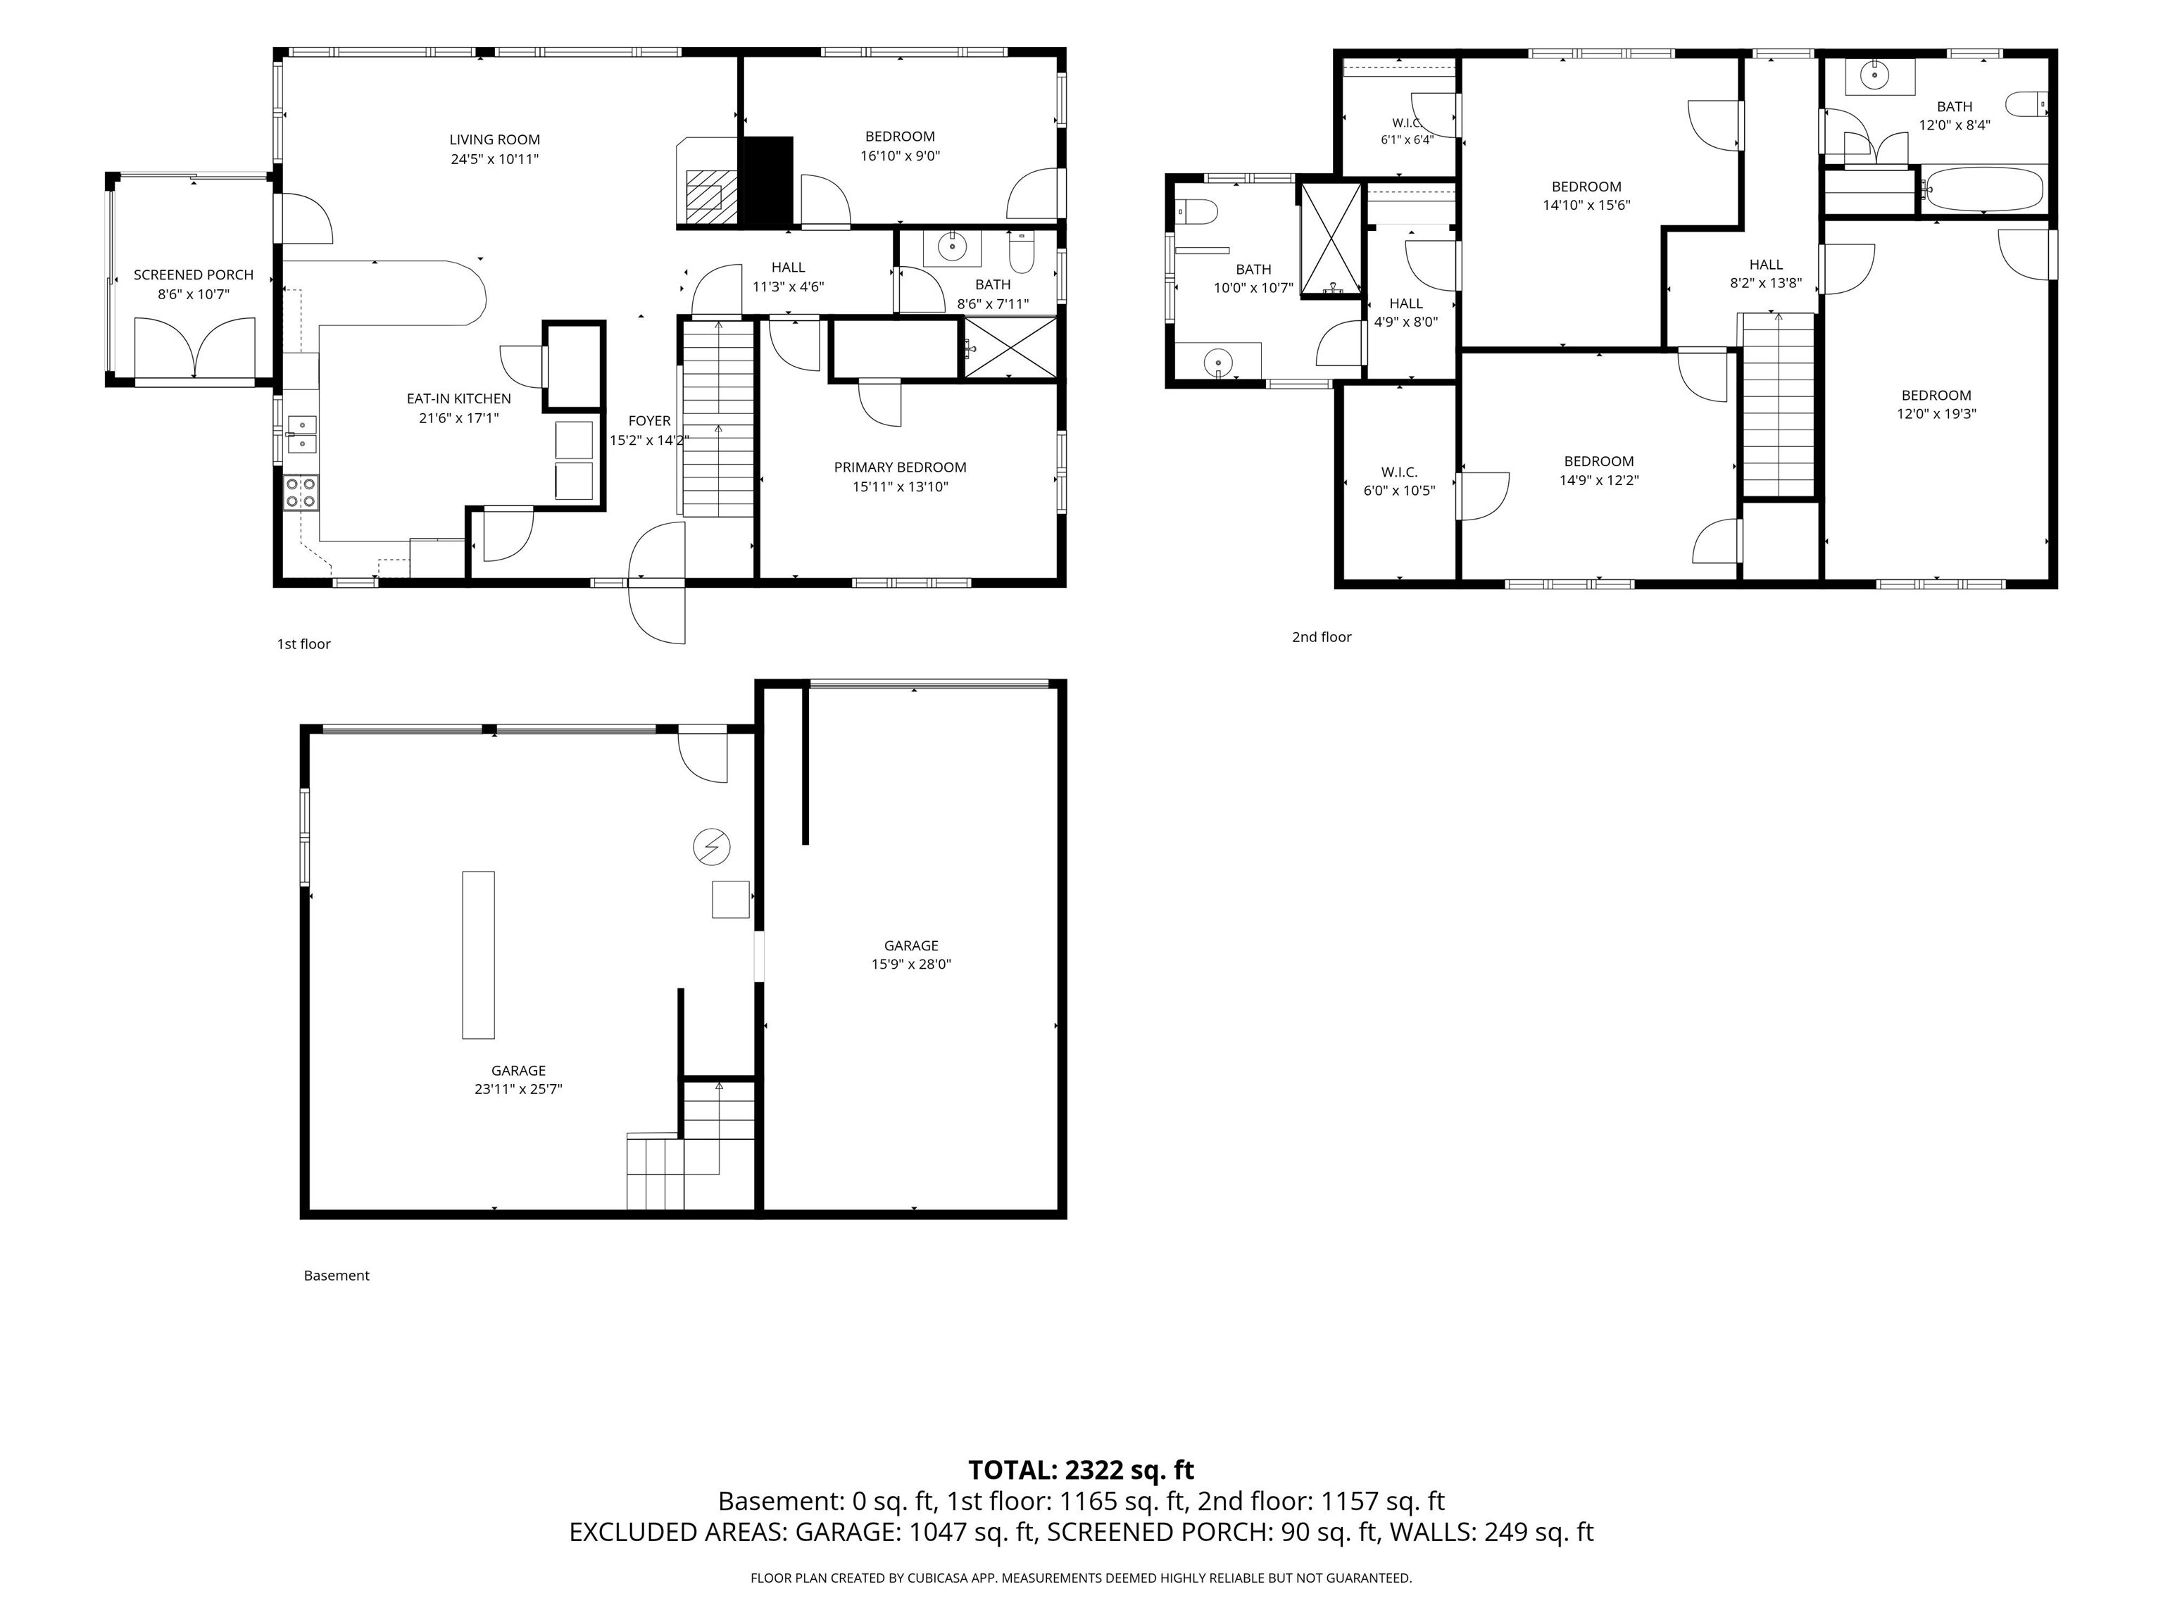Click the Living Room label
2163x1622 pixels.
pos(495,140)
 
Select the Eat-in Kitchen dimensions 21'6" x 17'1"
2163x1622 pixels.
pos(458,418)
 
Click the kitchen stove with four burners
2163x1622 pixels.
pos(301,493)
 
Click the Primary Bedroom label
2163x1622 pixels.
pos(900,467)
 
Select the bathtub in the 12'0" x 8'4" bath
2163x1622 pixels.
pos(1982,189)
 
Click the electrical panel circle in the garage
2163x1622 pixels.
pos(711,847)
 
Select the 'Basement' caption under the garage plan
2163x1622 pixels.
pos(337,1276)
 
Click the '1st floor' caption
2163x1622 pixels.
pos(304,644)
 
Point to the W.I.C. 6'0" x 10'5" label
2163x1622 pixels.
pos(1399,481)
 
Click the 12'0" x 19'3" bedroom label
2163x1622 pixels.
pos(1936,405)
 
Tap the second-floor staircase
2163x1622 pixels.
pos(1779,405)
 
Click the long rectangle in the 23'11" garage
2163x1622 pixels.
pos(478,954)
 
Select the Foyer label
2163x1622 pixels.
pos(649,422)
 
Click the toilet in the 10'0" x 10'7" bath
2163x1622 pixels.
pos(1195,211)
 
